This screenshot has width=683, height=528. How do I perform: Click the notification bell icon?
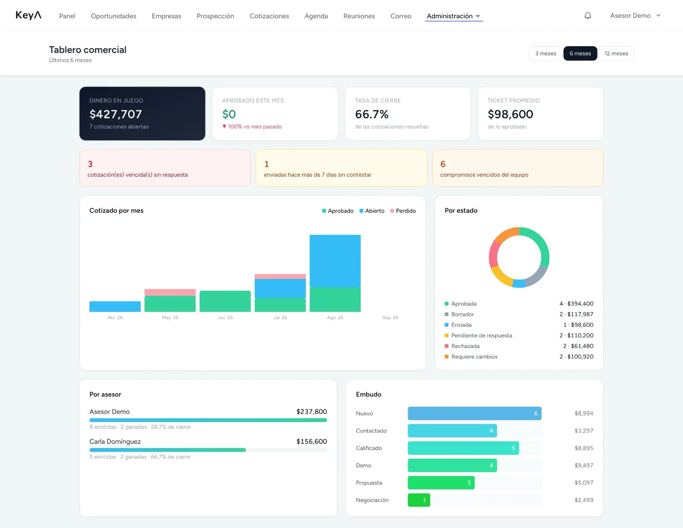[x=587, y=16]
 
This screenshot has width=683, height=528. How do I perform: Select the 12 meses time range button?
[x=616, y=53]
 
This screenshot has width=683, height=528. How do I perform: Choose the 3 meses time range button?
[x=545, y=53]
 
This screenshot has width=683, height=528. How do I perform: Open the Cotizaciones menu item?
[x=269, y=16]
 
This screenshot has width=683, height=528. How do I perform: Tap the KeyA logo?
[x=28, y=15]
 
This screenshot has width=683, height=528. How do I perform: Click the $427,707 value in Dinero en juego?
[x=115, y=114]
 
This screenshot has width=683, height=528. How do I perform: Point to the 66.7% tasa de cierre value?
[x=371, y=114]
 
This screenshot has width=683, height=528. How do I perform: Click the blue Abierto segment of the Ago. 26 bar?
[x=335, y=261]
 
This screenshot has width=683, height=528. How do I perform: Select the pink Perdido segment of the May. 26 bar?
[x=170, y=293]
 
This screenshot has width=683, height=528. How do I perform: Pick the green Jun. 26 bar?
[x=225, y=301]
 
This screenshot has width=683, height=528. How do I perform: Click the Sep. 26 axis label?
[x=390, y=318]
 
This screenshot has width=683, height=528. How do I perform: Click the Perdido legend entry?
[x=403, y=211]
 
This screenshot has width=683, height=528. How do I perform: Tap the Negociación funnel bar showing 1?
[x=419, y=500]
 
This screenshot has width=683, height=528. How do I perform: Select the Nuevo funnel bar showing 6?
[x=474, y=413]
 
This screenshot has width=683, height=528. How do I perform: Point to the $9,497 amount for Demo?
[x=584, y=466]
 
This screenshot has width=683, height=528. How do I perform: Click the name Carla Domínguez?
[x=115, y=442]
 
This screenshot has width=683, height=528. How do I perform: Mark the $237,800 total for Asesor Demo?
[x=312, y=412]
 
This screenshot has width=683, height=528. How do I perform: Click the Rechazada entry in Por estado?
[x=465, y=346]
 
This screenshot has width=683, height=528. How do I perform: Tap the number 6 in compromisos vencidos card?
[x=443, y=164]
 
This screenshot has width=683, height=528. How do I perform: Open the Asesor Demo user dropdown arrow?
[x=659, y=15]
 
